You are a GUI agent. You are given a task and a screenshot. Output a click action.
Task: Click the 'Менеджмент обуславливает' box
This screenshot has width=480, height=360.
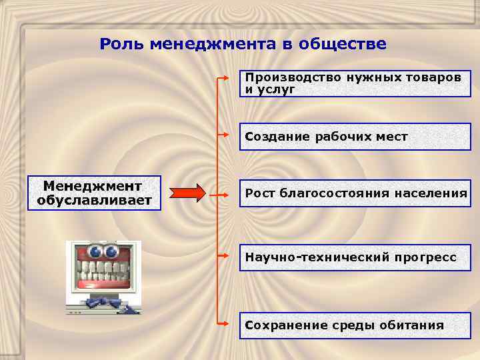click(94, 193)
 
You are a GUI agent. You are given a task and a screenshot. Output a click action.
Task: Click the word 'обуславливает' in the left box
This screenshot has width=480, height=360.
click(94, 200)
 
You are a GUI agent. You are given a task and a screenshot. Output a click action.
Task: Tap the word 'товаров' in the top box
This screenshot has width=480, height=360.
click(433, 77)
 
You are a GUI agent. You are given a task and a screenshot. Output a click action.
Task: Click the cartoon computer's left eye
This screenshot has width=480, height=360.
click(95, 252)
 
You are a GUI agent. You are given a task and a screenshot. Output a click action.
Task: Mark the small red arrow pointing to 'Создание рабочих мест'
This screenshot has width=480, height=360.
click(228, 137)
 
